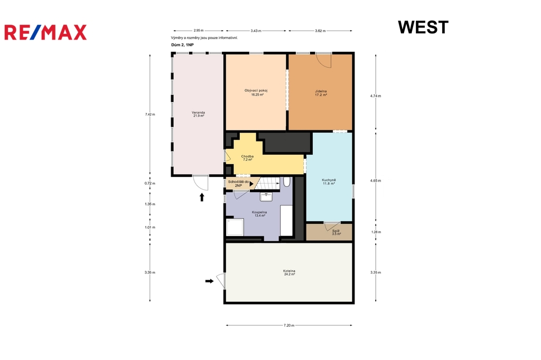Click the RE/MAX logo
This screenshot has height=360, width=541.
coord(45,32)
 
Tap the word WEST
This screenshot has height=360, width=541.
coord(423,27)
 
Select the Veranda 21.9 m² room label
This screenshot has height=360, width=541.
coord(199,114)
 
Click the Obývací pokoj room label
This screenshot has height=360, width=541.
coord(256,92)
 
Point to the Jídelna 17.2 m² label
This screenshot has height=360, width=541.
coord(321,93)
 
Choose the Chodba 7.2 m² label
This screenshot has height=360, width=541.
coord(247,158)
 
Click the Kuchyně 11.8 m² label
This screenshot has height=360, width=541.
coord(329,182)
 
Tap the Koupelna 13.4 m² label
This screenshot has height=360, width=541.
coord(259,214)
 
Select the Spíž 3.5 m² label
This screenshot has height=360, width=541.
coord(336,232)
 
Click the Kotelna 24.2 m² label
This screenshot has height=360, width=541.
coord(289,272)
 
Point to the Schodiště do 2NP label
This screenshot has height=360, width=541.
coord(238,184)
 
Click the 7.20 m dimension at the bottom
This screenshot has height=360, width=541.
coord(289,325)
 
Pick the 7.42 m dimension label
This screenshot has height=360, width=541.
coord(150,114)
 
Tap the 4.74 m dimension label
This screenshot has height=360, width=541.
coord(376,96)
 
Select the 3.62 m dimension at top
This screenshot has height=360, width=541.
coord(320,31)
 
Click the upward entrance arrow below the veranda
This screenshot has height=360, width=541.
coord(202,197)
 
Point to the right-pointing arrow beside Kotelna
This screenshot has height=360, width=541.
coord(209,281)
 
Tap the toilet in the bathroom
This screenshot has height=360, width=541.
coord(287,182)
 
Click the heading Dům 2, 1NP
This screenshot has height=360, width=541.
coord(182,45)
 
